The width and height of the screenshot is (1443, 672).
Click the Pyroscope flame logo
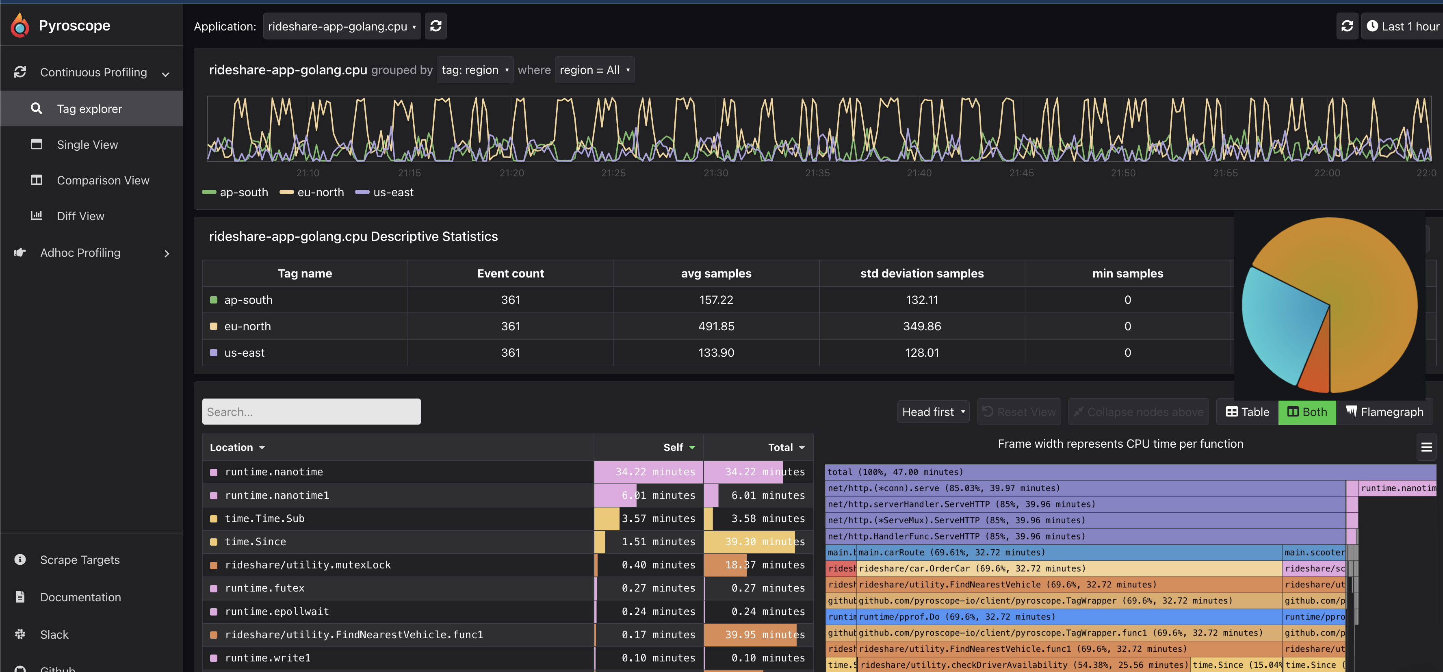click(x=20, y=25)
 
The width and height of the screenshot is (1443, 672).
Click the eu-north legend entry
click(x=320, y=192)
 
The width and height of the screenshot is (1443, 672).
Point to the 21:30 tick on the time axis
click(x=715, y=173)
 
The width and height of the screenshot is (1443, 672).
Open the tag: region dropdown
click(x=474, y=70)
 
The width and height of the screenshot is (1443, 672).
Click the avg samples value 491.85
click(x=716, y=326)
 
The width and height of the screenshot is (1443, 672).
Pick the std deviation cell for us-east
click(x=921, y=353)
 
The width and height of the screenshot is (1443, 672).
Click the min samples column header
click(x=1127, y=273)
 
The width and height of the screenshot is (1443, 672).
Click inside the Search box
click(x=311, y=412)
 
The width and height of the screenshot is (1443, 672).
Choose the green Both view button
click(x=1307, y=412)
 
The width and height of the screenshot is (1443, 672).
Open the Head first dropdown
click(x=933, y=412)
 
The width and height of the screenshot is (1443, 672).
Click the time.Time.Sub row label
click(x=264, y=518)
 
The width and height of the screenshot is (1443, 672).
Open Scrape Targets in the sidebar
click(x=80, y=560)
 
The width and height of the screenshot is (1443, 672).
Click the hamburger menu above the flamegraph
click(x=1426, y=447)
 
